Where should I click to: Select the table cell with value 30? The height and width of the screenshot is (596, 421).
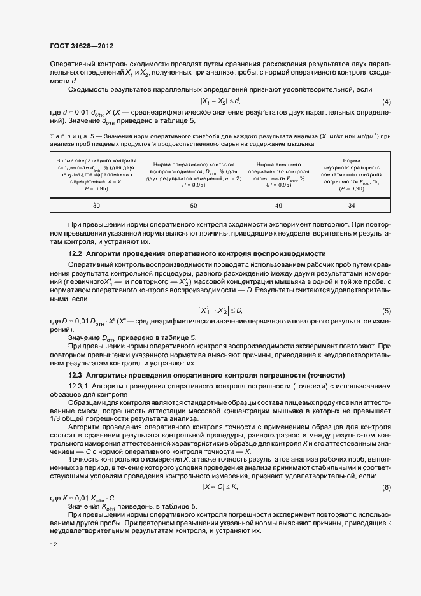pyautogui.click(x=97, y=206)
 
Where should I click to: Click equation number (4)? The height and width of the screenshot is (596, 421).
pyautogui.click(x=386, y=102)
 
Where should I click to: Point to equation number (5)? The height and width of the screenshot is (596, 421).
pyautogui.click(x=386, y=310)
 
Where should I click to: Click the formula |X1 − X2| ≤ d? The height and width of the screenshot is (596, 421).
pyautogui.click(x=220, y=102)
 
